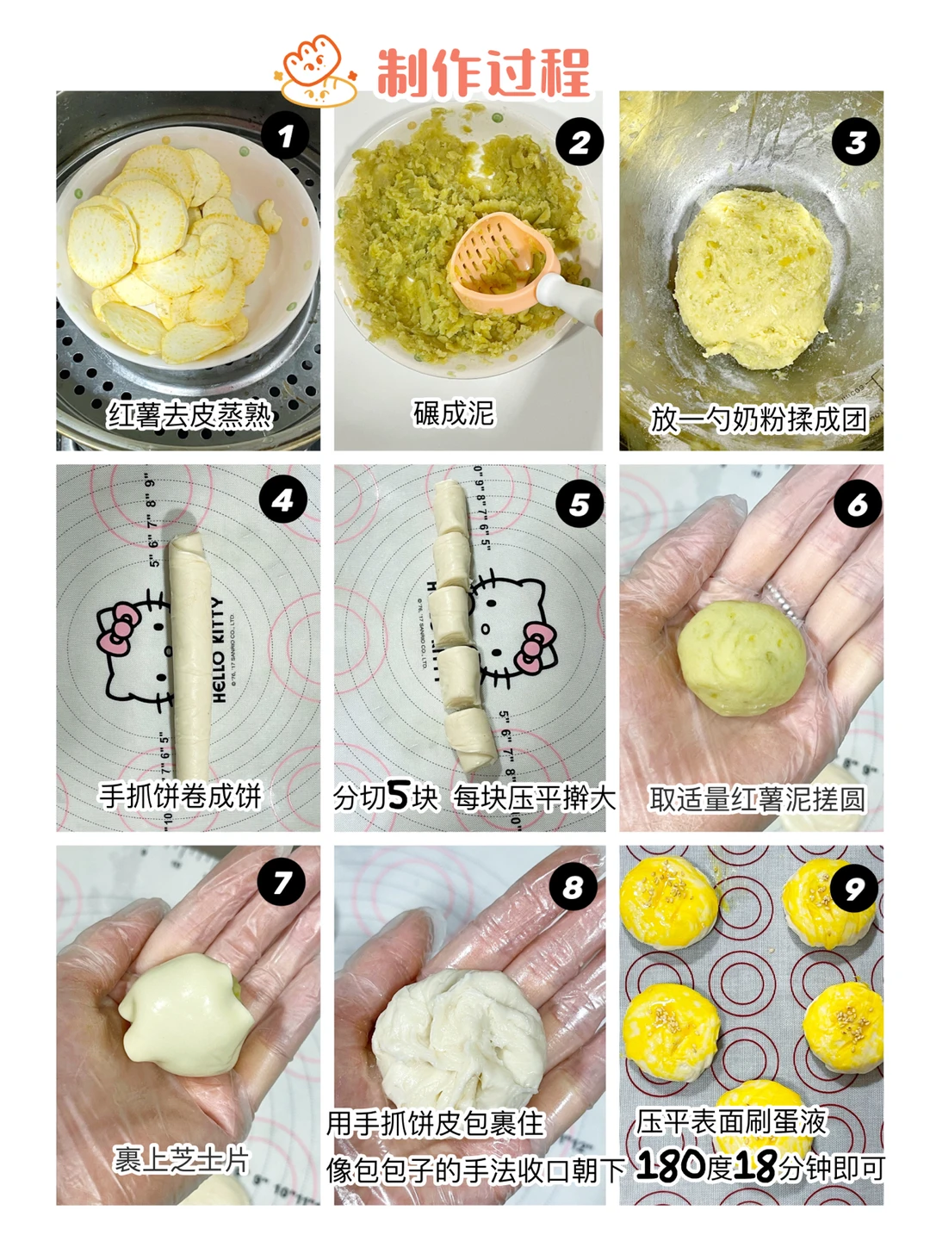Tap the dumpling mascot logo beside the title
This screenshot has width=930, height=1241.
pos(317,70)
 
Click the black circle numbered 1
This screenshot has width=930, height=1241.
pos(286,136)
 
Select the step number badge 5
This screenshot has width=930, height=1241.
pos(580,504)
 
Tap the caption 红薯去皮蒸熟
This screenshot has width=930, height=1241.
pos(190,416)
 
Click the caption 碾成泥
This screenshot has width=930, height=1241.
pos(454,413)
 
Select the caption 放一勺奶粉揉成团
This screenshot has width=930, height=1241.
pos(758,419)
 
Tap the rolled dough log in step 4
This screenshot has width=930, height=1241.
pos(190,656)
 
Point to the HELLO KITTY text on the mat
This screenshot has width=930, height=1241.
pos(218,649)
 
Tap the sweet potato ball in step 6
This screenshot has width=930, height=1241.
pos(741,658)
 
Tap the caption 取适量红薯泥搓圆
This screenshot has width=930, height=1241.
pos(758,799)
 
